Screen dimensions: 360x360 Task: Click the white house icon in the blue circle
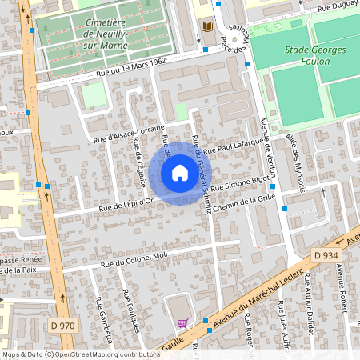[180, 173]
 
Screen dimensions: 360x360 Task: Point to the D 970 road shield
[62, 326]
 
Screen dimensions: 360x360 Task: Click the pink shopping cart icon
[182, 323]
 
